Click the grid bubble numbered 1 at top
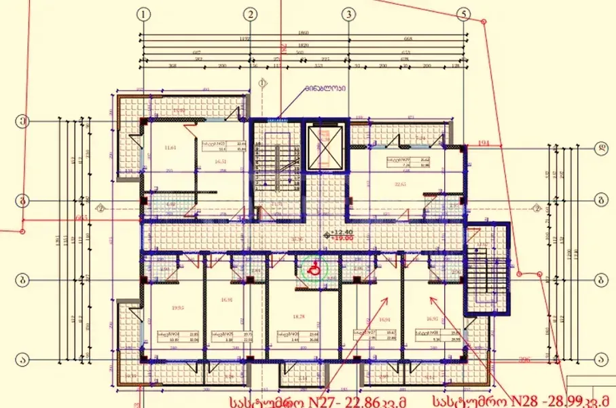point(143,14)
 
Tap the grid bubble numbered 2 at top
point(251,14)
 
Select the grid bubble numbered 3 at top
point(349,14)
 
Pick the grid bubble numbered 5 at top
point(464,14)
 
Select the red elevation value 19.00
point(344,239)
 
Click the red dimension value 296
point(524,360)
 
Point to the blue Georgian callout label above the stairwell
point(325,88)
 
